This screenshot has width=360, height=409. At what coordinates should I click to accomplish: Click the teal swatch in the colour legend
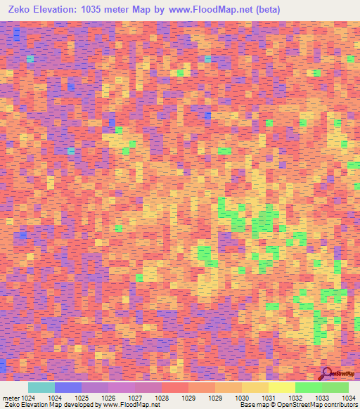pos(41,387)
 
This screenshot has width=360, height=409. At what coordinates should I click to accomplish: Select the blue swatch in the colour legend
pos(68,387)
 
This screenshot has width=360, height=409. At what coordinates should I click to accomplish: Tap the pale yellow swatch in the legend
pos(282,387)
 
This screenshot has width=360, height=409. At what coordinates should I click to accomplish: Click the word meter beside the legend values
pos(11,397)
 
